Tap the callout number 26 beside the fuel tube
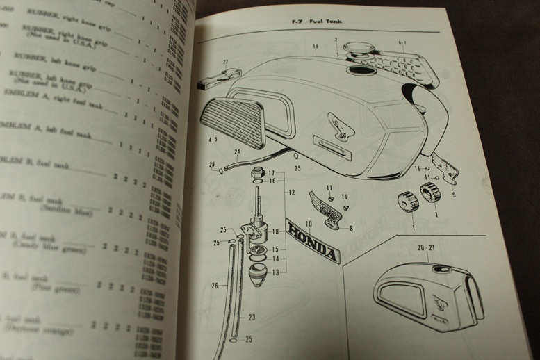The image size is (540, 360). pyautogui.click(x=215, y=285)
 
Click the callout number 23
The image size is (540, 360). pyautogui.click(x=252, y=317)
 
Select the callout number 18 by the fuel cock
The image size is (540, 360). pyautogui.click(x=276, y=231)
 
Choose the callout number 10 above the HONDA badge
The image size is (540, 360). pyautogui.click(x=309, y=223)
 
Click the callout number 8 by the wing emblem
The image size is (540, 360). pyautogui.click(x=351, y=228)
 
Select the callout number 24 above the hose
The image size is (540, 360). pyautogui.click(x=237, y=152)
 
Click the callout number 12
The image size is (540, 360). pyautogui.click(x=292, y=192)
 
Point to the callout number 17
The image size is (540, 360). pyautogui.click(x=272, y=172)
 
